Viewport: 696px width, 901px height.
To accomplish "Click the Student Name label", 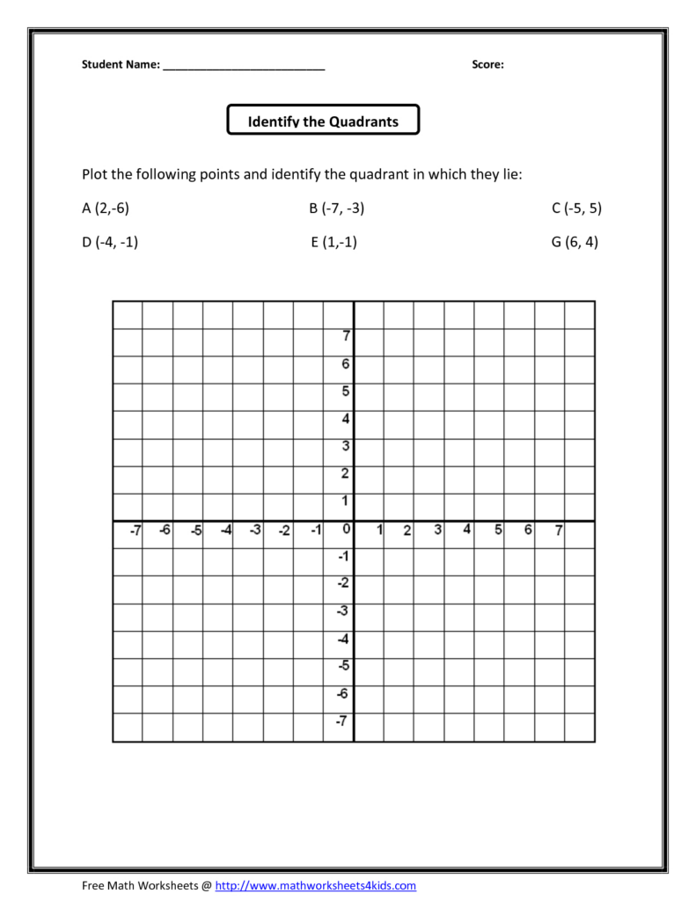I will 121,64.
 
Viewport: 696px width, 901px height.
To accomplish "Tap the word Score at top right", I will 487,64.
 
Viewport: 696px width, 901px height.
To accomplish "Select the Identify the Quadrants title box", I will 323,121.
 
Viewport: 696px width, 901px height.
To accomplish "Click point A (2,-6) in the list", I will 106,209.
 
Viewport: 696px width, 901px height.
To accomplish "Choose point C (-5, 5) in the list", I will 576,209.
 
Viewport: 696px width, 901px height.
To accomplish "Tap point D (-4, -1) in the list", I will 110,243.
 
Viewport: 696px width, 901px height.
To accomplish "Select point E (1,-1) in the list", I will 333,243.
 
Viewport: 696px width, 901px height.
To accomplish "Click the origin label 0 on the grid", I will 346,529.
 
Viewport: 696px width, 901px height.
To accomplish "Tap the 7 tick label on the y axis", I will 346,335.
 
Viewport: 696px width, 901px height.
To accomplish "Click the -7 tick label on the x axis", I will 135,530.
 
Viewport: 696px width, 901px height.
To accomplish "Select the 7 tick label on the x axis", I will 558,530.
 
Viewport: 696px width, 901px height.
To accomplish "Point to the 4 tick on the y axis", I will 346,418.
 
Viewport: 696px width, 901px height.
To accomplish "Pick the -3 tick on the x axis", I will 254,530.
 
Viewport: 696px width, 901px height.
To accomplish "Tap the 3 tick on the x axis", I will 437,530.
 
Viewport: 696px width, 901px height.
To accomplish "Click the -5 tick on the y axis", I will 344,665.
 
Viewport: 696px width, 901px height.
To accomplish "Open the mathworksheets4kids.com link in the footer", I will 315,886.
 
